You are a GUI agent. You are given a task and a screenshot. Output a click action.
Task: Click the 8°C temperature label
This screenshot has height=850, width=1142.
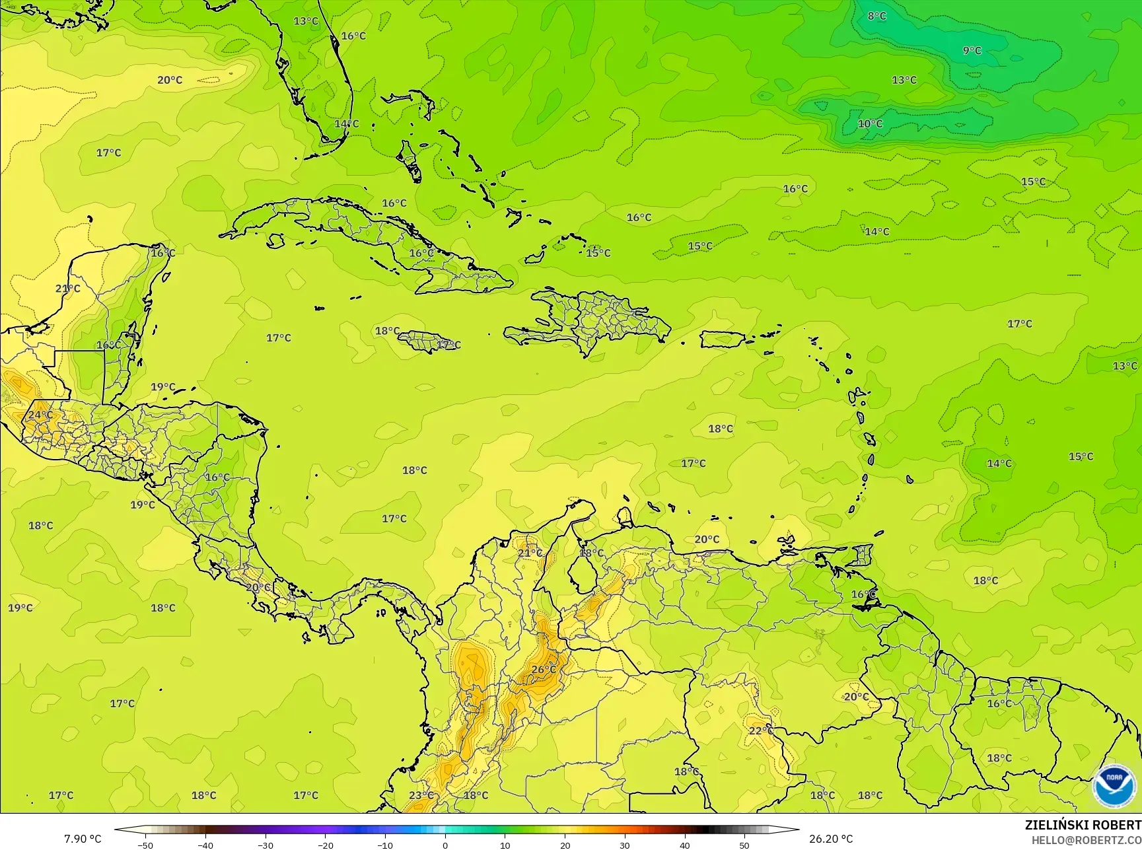[876, 16]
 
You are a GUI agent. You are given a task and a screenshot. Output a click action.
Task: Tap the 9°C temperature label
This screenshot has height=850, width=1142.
[972, 50]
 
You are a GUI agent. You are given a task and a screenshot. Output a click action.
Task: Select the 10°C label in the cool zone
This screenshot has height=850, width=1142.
[870, 124]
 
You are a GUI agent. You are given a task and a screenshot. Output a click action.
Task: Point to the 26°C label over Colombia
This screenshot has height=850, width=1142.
[544, 669]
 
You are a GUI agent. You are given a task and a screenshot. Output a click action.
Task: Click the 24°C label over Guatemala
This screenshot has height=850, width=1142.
[40, 415]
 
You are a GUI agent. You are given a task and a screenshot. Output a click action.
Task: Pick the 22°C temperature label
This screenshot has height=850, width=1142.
[761, 730]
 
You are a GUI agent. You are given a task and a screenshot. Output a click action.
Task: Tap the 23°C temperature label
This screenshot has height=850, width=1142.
[421, 795]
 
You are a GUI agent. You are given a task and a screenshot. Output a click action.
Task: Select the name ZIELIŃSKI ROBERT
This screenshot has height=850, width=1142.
[1083, 825]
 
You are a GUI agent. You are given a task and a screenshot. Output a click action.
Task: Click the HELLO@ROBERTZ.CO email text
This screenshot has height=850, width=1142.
[1087, 839]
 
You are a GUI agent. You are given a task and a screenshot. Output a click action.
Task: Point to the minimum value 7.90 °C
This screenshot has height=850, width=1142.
[83, 839]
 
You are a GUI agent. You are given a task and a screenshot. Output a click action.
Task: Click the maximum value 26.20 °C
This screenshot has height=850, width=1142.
[831, 839]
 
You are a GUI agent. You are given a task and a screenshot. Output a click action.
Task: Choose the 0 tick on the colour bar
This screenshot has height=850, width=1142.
[445, 845]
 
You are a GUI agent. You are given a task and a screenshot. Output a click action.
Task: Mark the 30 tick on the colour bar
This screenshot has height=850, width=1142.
[625, 845]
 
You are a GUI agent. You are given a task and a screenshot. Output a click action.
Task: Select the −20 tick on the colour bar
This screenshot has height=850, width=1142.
[325, 845]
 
